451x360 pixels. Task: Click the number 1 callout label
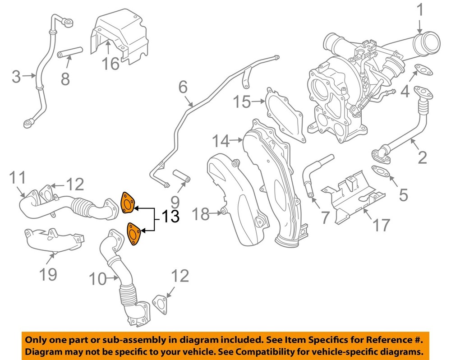pos(420,10)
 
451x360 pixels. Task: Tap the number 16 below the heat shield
pos(110,63)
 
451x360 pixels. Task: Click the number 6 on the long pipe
pos(183,87)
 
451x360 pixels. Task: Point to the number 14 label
pos(221,141)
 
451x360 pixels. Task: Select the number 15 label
pos(242,102)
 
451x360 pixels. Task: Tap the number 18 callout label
pos(202,214)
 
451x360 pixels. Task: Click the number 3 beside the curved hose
pos(16,77)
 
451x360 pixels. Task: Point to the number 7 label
pos(325,217)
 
